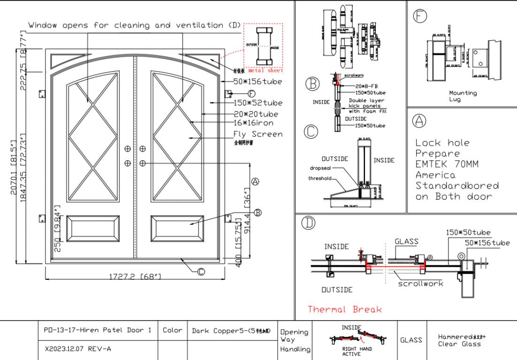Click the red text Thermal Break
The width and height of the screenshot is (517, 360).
point(345,309)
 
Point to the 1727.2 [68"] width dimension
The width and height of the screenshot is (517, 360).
point(136,277)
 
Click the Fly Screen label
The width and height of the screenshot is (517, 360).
point(258,135)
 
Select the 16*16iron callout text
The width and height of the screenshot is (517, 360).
point(252,124)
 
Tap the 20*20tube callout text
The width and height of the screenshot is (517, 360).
point(256,114)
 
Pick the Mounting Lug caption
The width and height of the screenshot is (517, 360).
point(463,96)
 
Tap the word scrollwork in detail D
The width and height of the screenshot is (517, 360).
point(420,284)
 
